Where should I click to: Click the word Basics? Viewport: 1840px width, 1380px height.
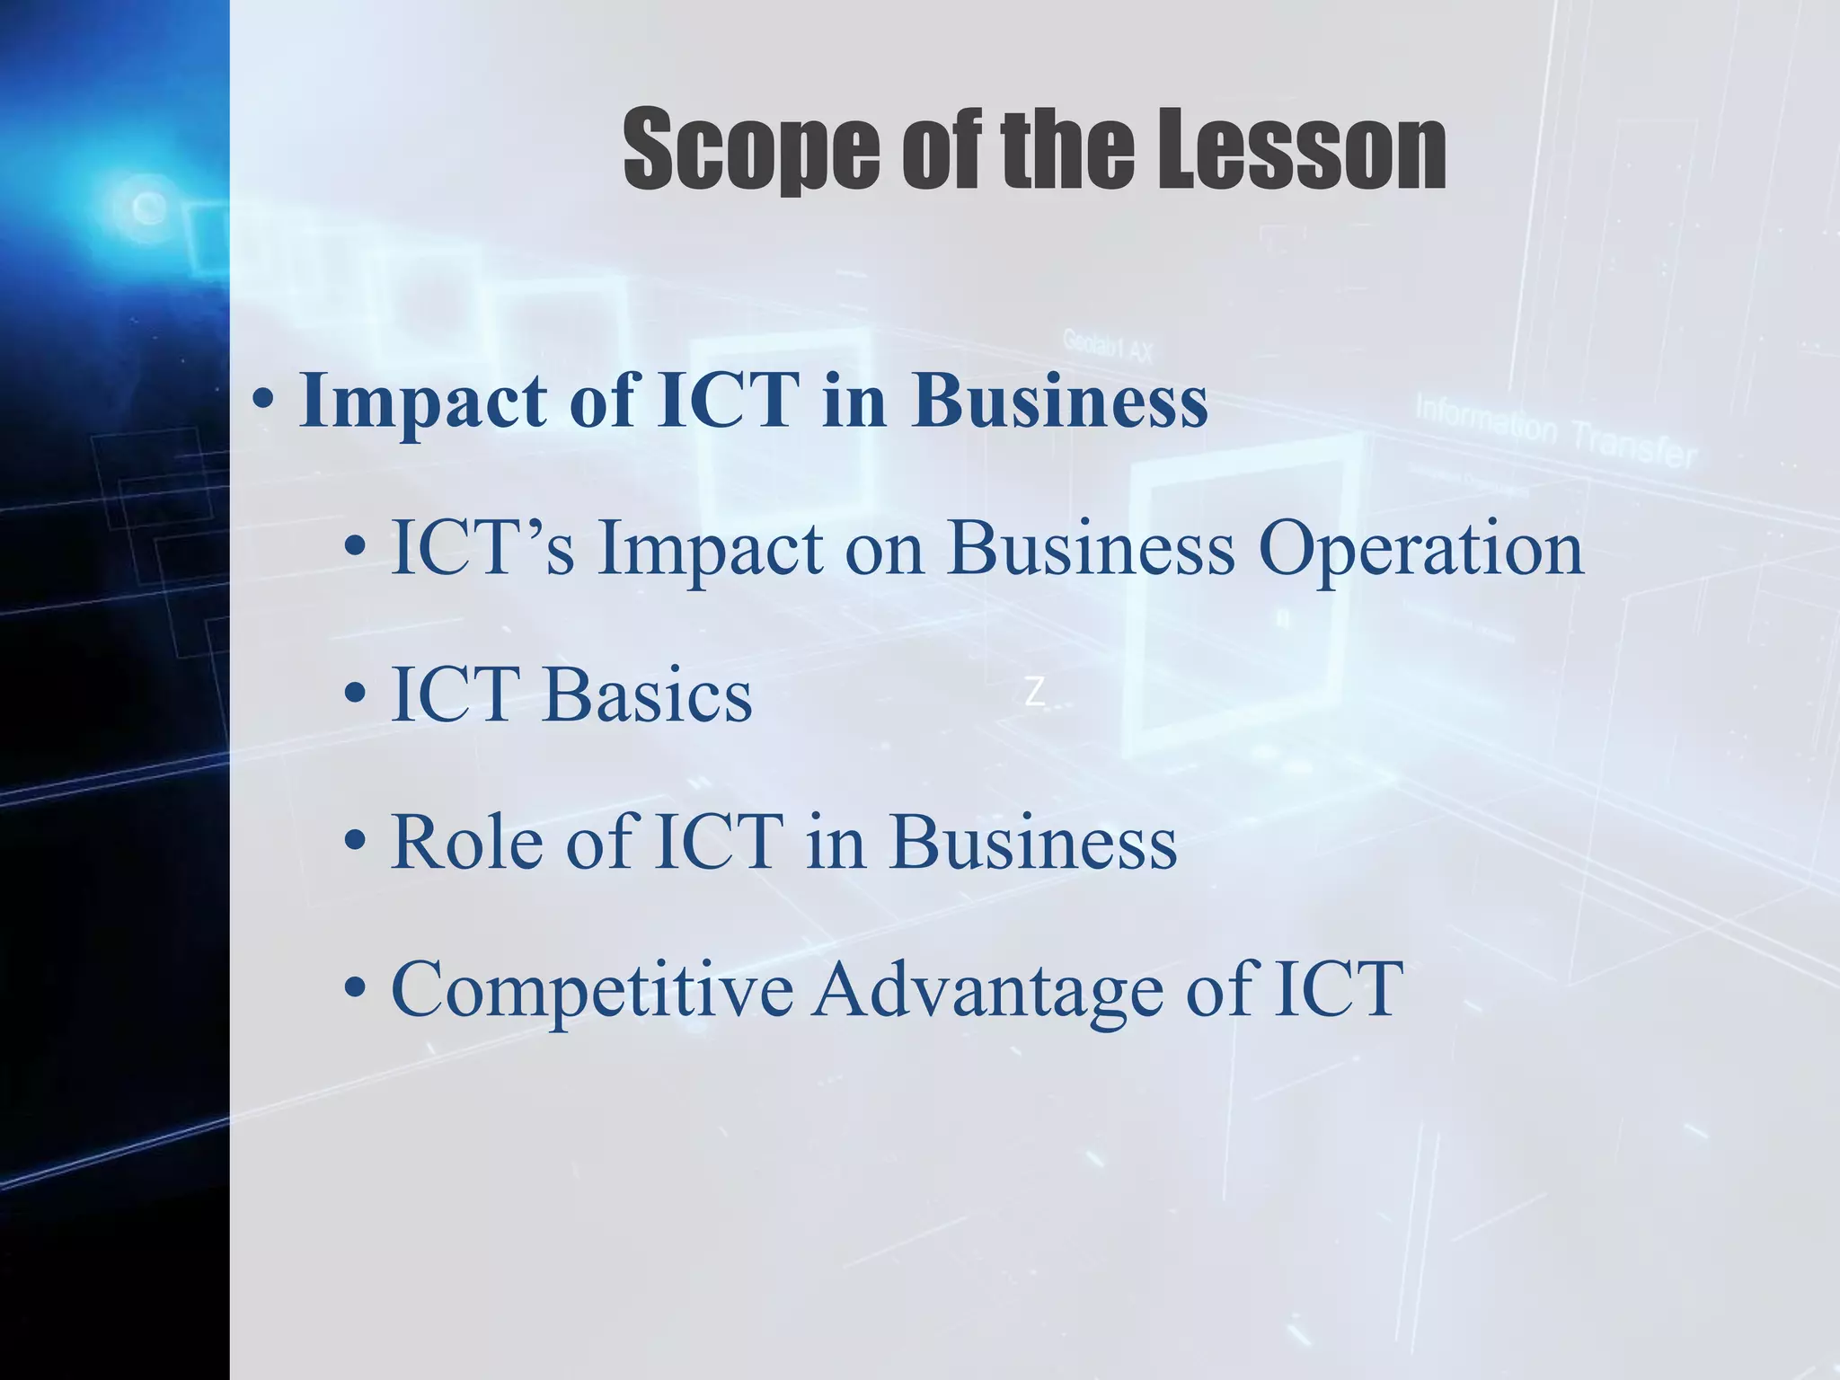coord(647,695)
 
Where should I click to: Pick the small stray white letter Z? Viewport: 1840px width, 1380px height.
coord(1035,693)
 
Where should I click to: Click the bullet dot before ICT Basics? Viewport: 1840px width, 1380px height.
coord(356,695)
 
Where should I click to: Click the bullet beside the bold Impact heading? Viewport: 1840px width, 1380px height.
coord(263,402)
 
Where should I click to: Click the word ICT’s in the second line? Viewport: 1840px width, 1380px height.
coord(482,548)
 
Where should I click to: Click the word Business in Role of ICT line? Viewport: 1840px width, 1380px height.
coord(1033,843)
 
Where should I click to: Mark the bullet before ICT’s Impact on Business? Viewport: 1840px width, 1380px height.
coord(356,548)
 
